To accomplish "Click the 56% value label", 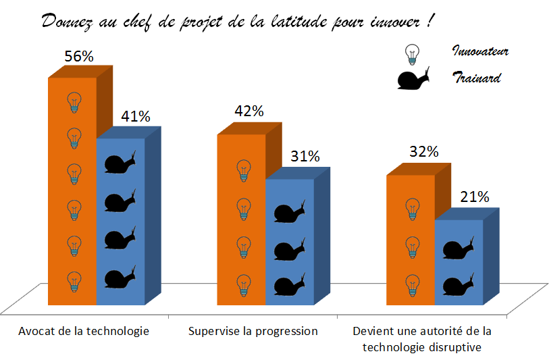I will click(x=78, y=57).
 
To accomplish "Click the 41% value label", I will click(x=135, y=116).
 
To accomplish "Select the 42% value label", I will click(x=249, y=111).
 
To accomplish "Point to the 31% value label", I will click(x=305, y=156).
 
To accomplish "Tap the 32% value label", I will click(x=423, y=152).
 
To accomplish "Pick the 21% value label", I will click(x=475, y=197).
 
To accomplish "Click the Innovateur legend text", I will click(x=479, y=51).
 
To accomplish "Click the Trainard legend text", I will click(x=476, y=78).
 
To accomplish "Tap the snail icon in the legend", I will click(x=414, y=79).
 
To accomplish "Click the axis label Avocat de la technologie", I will click(x=84, y=331).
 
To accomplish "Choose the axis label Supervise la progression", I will click(x=253, y=331).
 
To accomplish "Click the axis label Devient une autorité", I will click(x=423, y=338).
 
